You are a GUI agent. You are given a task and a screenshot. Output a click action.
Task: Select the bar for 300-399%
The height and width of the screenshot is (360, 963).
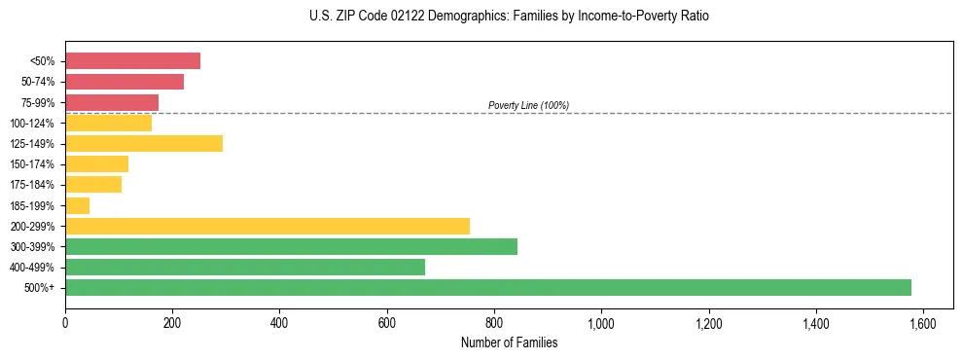pos(291,246)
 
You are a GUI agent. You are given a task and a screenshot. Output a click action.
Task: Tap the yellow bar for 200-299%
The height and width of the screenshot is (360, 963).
pos(267,226)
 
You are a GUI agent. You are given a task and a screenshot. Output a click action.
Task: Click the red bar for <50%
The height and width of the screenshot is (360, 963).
pos(132,61)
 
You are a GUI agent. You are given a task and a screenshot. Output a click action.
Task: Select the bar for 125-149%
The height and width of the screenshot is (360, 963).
pos(144,144)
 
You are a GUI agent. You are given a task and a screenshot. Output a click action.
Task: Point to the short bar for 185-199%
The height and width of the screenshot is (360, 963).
pos(78,205)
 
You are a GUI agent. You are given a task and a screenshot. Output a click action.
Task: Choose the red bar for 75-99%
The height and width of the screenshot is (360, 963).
pos(112,102)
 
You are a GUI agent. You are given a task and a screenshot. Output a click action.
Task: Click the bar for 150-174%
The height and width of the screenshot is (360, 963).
pos(97,164)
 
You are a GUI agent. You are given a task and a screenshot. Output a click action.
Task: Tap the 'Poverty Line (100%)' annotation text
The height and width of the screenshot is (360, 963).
pos(528,105)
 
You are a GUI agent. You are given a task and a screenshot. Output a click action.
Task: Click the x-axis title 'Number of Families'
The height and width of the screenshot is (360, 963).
pos(509,342)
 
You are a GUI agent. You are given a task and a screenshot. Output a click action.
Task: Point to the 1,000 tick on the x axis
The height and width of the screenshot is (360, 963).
pos(601,323)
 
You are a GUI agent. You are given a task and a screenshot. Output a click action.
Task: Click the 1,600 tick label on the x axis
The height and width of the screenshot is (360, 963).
pos(922,323)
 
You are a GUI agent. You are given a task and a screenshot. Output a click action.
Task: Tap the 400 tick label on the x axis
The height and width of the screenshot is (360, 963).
pos(279,323)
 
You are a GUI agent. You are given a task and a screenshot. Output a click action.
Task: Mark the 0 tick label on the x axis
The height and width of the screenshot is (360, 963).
pos(65,323)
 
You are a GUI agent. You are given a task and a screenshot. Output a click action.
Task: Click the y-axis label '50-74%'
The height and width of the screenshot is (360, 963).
pos(39,82)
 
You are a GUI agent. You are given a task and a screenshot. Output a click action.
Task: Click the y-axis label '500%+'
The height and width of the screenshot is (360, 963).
pos(41,288)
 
